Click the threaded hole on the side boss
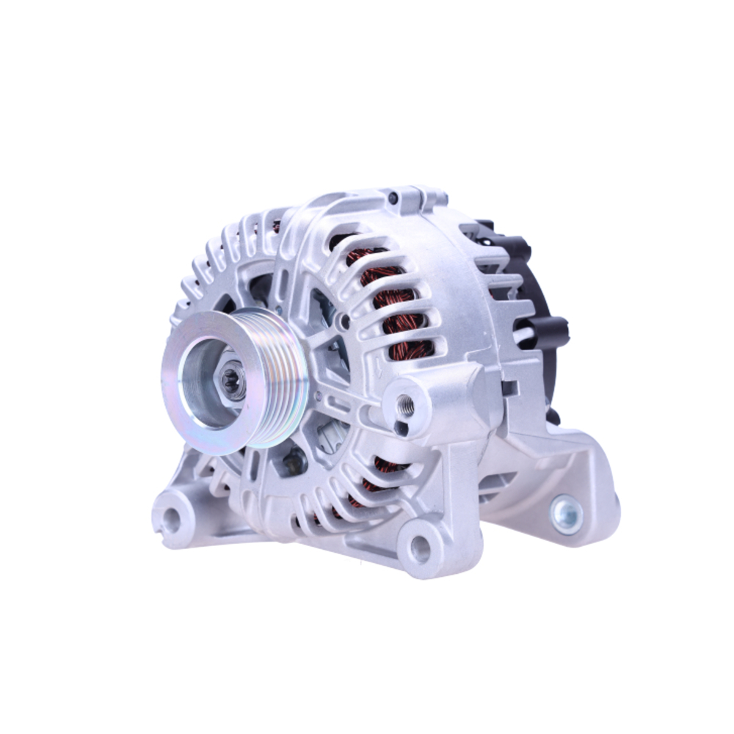(x=404, y=404)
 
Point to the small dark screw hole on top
(x=393, y=198)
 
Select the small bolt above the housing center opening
(x=343, y=320)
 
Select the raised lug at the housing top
(x=426, y=197)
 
